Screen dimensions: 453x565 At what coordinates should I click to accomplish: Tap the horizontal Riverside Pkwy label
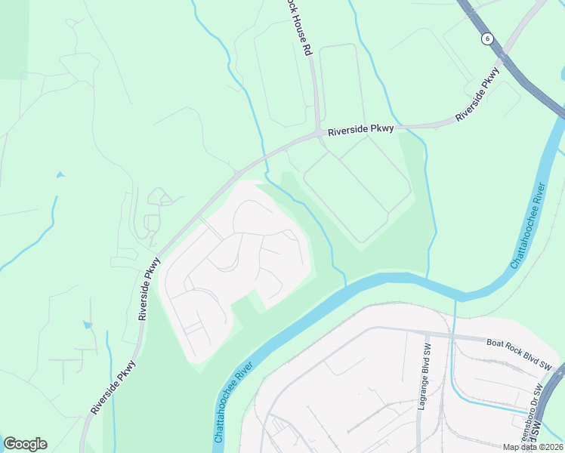pyautogui.click(x=361, y=130)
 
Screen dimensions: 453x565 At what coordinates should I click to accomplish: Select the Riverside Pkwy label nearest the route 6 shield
pyautogui.click(x=477, y=94)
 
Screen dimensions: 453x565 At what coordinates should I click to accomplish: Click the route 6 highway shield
pyautogui.click(x=489, y=38)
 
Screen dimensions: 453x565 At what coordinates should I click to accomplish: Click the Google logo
pyautogui.click(x=25, y=444)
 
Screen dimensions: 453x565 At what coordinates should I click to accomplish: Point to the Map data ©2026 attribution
pyautogui.click(x=532, y=447)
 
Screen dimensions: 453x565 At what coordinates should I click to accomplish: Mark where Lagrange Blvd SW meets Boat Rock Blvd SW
pyautogui.click(x=426, y=334)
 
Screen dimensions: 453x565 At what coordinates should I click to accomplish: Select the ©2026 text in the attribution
pyautogui.click(x=547, y=447)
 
